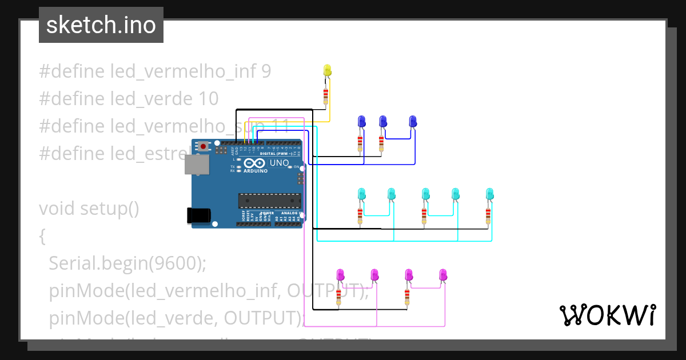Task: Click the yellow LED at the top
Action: [328, 70]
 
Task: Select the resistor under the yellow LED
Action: [326, 95]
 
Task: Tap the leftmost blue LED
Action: [361, 121]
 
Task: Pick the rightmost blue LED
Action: [413, 121]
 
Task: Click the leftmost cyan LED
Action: [361, 194]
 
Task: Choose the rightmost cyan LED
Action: [489, 194]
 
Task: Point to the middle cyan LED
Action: [425, 194]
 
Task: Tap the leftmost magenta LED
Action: [340, 275]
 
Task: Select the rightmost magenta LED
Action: [443, 275]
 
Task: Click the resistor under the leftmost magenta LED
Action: [338, 296]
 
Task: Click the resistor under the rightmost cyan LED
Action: [488, 215]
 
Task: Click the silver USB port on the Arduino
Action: [196, 164]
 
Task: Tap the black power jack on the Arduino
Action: [198, 215]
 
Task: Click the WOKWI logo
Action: [608, 314]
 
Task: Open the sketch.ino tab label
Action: [101, 25]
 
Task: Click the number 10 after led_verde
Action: [208, 99]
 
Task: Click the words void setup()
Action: [89, 209]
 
